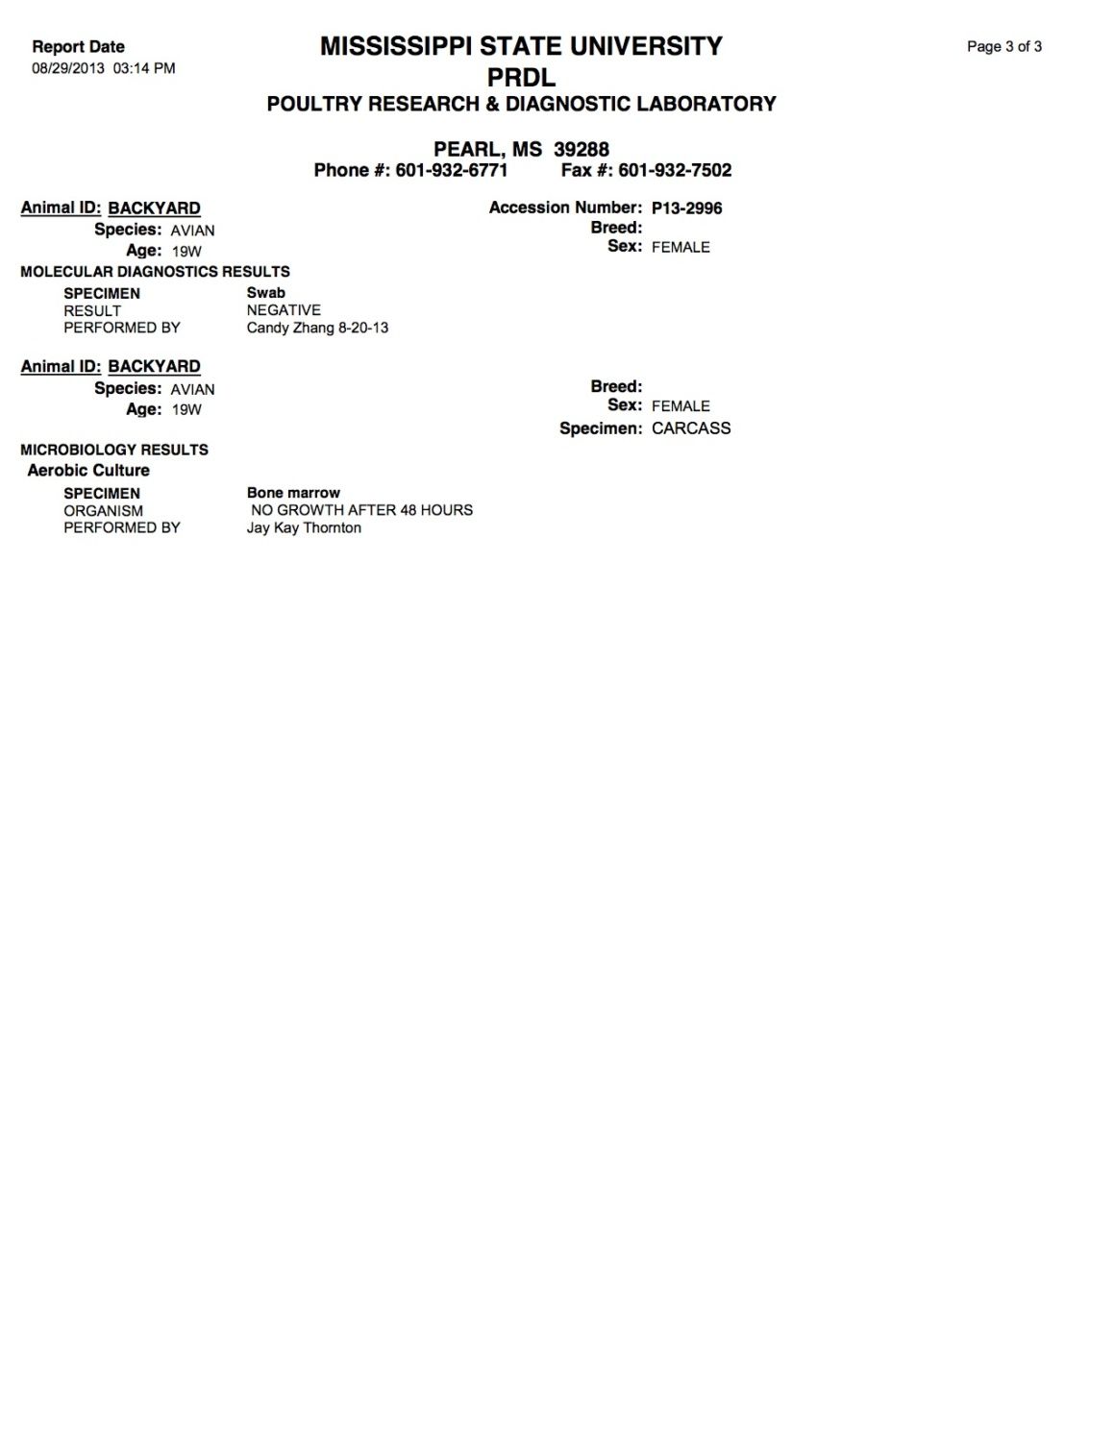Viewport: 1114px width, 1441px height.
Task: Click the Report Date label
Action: click(x=78, y=47)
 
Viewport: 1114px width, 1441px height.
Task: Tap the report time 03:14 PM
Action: click(x=144, y=68)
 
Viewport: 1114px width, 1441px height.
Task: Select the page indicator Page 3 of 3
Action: click(x=1003, y=47)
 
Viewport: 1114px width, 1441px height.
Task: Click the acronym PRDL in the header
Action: click(x=521, y=77)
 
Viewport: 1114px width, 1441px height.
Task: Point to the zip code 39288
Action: click(x=581, y=150)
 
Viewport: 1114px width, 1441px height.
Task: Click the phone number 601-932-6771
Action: click(x=451, y=171)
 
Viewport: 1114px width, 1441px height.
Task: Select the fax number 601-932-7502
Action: click(x=675, y=171)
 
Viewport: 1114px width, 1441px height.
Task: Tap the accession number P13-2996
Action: click(x=686, y=208)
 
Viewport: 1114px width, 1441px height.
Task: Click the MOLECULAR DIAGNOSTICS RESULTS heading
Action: click(x=155, y=272)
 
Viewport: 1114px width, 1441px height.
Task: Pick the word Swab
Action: click(x=265, y=293)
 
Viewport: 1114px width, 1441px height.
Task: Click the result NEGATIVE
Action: click(x=284, y=310)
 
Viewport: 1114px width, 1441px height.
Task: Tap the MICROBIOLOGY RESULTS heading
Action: click(x=114, y=450)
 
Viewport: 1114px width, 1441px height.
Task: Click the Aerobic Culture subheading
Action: click(x=88, y=471)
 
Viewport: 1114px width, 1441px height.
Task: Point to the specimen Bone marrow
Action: click(x=293, y=493)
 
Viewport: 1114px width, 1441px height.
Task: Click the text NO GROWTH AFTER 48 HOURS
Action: click(x=361, y=510)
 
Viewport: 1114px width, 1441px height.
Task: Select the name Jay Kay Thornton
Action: click(x=304, y=527)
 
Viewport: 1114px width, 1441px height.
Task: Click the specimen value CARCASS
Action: click(x=690, y=428)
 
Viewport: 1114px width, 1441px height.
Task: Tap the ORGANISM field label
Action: click(x=103, y=511)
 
